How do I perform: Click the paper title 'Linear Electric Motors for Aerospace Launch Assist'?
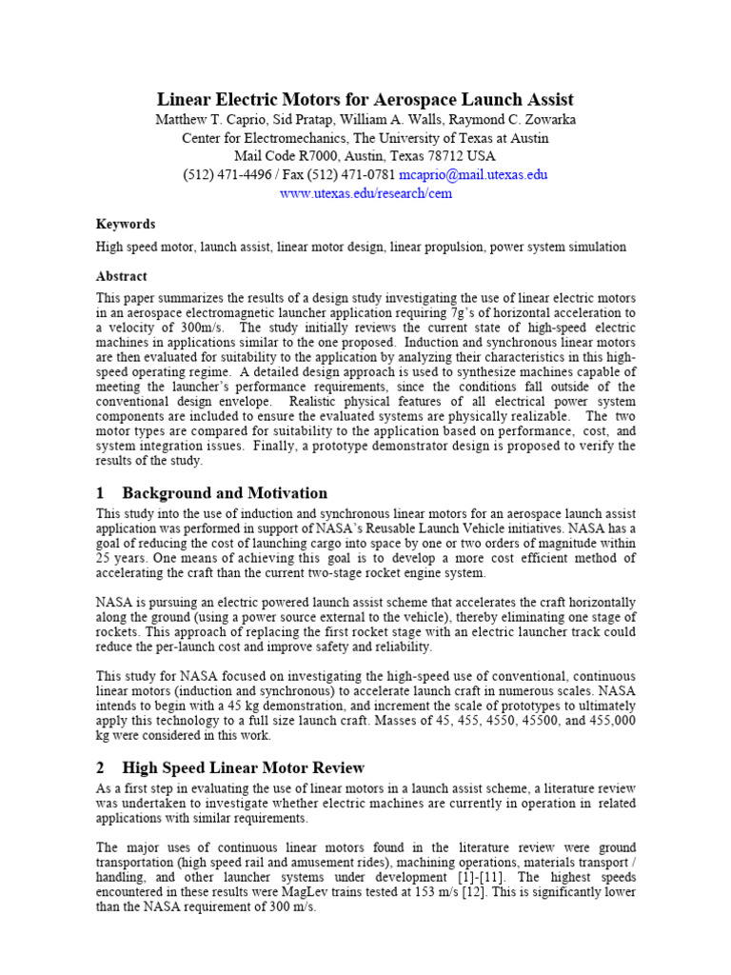365,99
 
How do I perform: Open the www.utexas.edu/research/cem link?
365,193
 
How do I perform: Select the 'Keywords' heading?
126,225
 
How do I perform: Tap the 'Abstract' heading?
122,276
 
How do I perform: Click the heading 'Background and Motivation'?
225,493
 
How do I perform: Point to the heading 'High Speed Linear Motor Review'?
244,767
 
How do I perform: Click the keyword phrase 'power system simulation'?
558,247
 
